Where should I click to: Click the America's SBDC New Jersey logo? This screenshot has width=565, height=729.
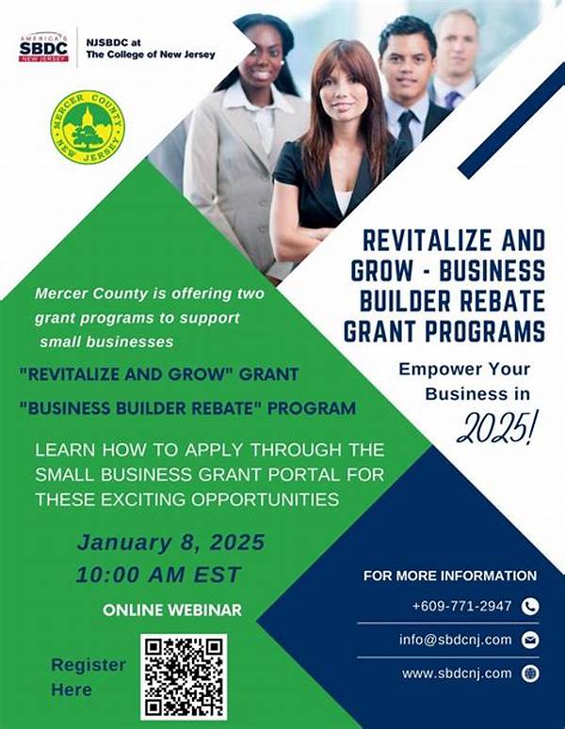tap(43, 47)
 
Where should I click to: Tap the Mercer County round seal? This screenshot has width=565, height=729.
tap(88, 127)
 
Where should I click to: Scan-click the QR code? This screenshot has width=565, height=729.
tap(184, 676)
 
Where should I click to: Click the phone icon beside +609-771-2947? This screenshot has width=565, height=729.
tap(530, 607)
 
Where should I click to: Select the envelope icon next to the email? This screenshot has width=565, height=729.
tap(530, 640)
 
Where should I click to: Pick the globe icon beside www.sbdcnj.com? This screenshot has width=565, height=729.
tap(530, 674)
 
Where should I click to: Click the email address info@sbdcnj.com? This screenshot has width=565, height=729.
tap(455, 640)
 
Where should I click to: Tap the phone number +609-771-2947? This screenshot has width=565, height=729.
tap(461, 607)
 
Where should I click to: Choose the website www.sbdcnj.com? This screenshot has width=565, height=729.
tap(457, 674)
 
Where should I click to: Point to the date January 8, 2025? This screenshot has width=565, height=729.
tap(170, 543)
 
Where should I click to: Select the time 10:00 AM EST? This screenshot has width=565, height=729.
tap(159, 575)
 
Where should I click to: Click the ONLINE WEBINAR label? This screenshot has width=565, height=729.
tap(172, 610)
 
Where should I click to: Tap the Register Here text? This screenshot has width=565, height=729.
tap(89, 677)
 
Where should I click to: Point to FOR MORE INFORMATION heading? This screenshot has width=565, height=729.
tap(450, 576)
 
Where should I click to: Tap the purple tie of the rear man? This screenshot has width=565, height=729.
tap(453, 100)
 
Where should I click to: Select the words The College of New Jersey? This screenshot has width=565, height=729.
tap(151, 55)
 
